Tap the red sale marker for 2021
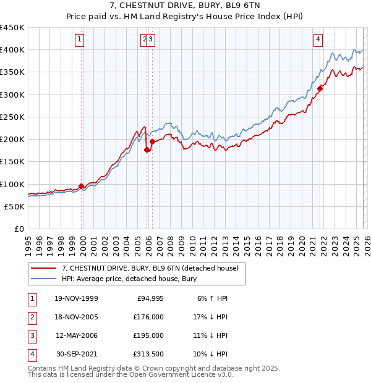(320, 89)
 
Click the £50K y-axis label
(15, 207)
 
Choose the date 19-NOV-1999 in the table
(76, 298)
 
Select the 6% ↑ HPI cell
(213, 298)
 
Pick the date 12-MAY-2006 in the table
(76, 335)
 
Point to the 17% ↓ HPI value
(211, 317)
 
